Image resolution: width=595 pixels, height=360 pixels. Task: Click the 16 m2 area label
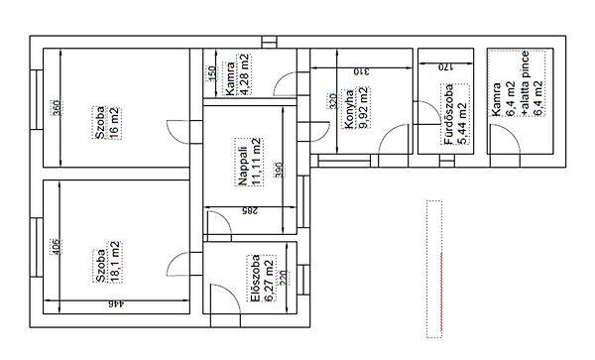tap(115, 123)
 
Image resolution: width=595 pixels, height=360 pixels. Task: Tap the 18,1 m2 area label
tap(115, 262)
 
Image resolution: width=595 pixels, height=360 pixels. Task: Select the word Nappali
tap(243, 167)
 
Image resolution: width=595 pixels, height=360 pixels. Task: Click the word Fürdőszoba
tap(449, 114)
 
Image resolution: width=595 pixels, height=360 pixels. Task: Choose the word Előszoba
tap(256, 278)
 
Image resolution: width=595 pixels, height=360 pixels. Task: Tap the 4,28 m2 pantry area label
tap(245, 74)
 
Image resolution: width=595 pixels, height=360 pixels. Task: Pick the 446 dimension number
tap(116, 303)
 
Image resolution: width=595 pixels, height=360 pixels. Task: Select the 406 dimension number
tap(56, 247)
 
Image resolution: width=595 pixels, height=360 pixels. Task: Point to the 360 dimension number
tap(56, 107)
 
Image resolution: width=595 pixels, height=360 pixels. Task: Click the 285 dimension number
tap(251, 210)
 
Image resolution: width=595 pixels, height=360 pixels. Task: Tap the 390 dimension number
tap(280, 170)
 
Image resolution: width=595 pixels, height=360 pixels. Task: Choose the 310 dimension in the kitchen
tap(361, 71)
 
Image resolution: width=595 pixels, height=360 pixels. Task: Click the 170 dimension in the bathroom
tap(446, 67)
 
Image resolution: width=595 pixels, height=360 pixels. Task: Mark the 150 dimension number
tap(212, 73)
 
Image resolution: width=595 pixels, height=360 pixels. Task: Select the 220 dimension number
tap(283, 279)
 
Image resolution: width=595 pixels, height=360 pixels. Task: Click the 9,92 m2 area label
tap(363, 108)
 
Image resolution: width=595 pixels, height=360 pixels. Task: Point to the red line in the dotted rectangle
tap(441, 293)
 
